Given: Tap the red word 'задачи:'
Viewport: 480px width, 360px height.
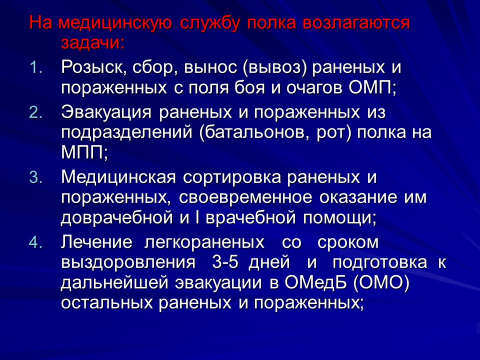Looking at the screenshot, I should click(92, 42).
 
